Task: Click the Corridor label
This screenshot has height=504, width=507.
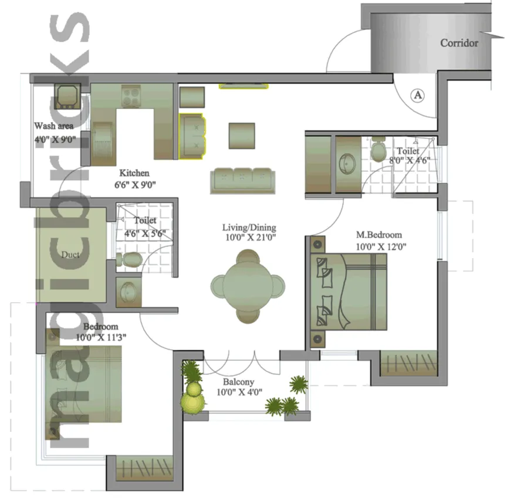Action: [459, 43]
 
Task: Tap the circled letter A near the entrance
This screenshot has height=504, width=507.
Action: [418, 96]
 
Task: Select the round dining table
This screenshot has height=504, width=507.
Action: [248, 286]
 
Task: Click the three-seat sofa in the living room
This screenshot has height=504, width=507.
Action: [242, 181]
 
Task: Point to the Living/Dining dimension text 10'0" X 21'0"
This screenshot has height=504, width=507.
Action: [250, 238]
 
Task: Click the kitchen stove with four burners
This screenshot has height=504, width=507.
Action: [131, 96]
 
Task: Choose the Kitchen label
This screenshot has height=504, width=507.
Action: [134, 173]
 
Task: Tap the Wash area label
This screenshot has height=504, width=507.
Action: [53, 126]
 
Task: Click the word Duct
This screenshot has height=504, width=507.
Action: [70, 255]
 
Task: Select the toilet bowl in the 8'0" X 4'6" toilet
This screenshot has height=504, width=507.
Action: [377, 149]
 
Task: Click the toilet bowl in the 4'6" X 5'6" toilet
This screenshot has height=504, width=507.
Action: [129, 259]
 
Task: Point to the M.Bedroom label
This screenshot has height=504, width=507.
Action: [379, 235]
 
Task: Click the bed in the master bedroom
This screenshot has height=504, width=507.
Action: [349, 292]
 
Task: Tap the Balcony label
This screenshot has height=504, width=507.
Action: [238, 382]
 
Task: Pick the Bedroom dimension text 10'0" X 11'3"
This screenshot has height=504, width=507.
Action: [101, 337]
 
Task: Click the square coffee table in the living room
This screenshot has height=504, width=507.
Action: [242, 136]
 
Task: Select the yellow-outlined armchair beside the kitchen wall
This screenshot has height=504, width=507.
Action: [192, 136]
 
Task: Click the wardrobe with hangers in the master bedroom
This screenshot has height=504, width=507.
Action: [409, 363]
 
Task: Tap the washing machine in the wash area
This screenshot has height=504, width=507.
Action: [67, 96]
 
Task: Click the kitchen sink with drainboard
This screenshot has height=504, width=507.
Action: [103, 144]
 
